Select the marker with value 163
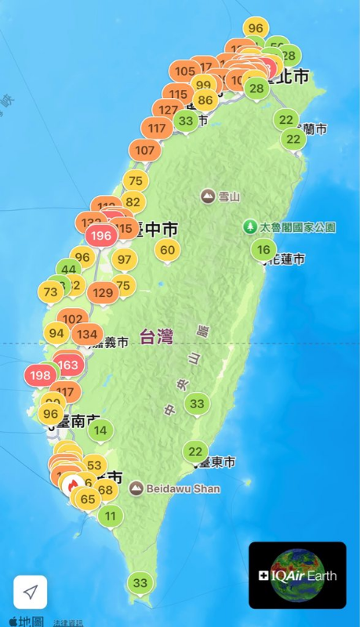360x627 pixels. (68, 364)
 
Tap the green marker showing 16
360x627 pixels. (264, 250)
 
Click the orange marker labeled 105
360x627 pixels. (185, 71)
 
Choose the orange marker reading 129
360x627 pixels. (103, 293)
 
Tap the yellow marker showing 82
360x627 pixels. (133, 202)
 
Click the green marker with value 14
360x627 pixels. (100, 430)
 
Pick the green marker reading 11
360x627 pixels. (111, 516)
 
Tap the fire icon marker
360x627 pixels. (73, 486)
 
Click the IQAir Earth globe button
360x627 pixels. (297, 575)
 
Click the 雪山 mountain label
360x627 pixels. (219, 196)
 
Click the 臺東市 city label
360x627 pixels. (216, 462)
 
